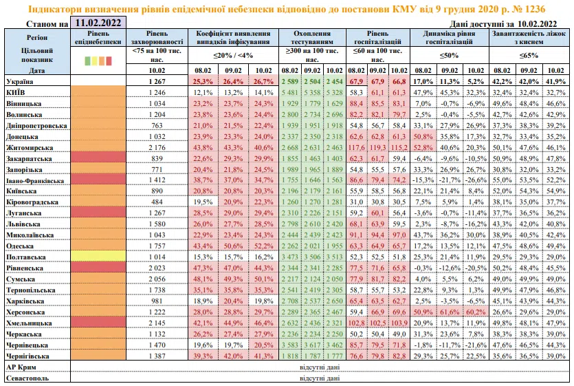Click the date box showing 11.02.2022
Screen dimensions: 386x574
(98, 23)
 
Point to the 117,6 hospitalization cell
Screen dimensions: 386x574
(356, 147)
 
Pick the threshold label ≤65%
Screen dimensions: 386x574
(528, 56)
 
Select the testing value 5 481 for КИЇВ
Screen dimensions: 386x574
(291, 92)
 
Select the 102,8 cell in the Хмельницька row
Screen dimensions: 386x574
(356, 322)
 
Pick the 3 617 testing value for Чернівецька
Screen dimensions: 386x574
(314, 344)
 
